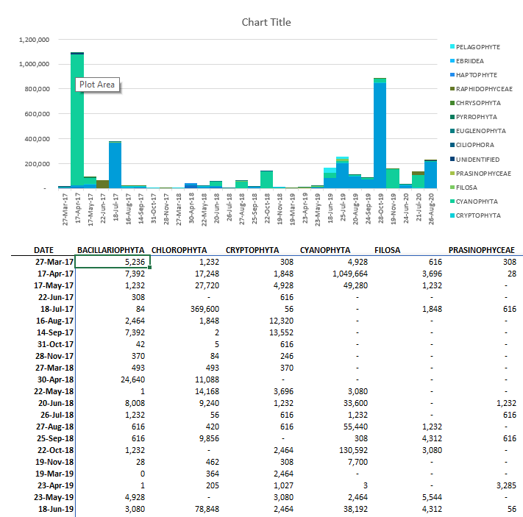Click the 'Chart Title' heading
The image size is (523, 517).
pos(266,22)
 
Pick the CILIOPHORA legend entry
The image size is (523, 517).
pos(475,145)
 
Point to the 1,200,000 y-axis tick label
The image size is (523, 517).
pos(34,40)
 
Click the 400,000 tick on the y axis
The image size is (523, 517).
pos(36,139)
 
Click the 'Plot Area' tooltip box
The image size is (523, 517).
pos(96,85)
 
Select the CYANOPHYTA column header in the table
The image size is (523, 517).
pos(324,250)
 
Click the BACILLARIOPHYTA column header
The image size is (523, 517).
pos(112,250)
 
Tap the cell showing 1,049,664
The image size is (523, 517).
pos(331,274)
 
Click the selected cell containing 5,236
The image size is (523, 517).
pos(113,262)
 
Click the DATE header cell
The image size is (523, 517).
pos(43,250)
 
